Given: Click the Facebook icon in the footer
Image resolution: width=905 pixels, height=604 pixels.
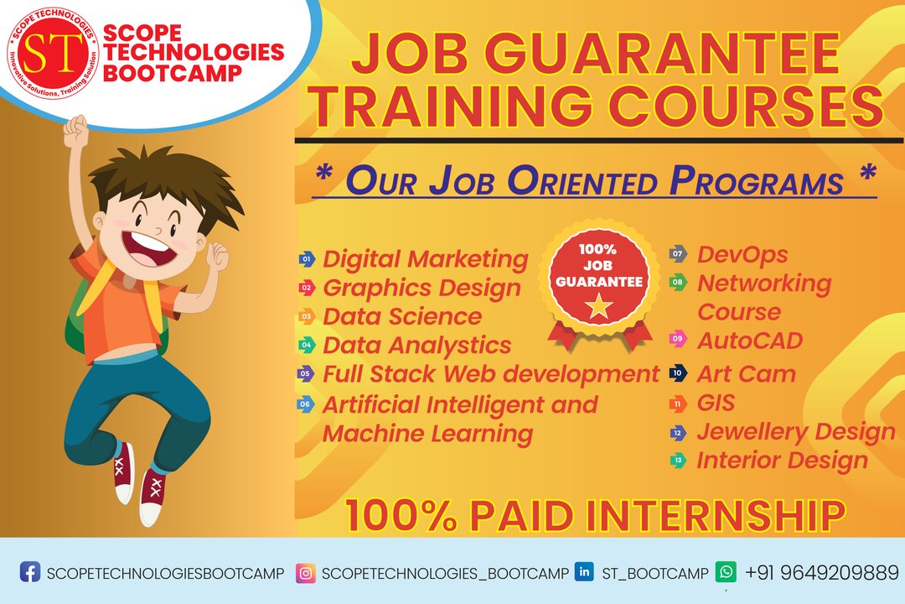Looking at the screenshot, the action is pyautogui.click(x=30, y=571).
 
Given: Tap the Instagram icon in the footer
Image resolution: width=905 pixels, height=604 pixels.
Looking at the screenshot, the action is pyautogui.click(x=305, y=573).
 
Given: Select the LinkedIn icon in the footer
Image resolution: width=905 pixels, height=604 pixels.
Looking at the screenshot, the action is pyautogui.click(x=584, y=571).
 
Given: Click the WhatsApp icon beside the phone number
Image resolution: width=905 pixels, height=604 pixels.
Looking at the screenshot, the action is pyautogui.click(x=726, y=571).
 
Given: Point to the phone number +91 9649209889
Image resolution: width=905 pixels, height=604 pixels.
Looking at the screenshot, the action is pyautogui.click(x=822, y=573).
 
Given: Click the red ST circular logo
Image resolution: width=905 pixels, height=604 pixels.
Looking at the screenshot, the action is pyautogui.click(x=53, y=53).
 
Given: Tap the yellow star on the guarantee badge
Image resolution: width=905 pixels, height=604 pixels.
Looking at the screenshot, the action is pyautogui.click(x=598, y=305).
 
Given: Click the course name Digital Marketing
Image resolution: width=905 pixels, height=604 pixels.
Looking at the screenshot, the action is pyautogui.click(x=426, y=259).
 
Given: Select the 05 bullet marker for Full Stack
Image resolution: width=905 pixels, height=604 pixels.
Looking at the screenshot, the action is pyautogui.click(x=306, y=373).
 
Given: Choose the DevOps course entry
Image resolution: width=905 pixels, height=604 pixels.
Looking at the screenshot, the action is pyautogui.click(x=742, y=254).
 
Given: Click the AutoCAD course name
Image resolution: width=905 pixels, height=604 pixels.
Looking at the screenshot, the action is pyautogui.click(x=750, y=341).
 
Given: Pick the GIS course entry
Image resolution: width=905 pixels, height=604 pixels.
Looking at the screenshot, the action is pyautogui.click(x=716, y=403).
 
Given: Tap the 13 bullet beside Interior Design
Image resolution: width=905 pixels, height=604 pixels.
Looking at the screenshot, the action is pyautogui.click(x=678, y=460).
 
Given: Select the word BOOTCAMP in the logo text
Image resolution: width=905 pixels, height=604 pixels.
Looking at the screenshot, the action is pyautogui.click(x=172, y=74).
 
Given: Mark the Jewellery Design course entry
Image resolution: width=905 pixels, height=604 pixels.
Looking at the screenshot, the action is pyautogui.click(x=796, y=432).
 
